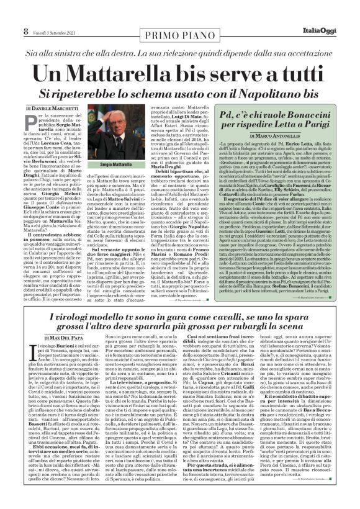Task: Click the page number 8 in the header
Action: click(x=8, y=8)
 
